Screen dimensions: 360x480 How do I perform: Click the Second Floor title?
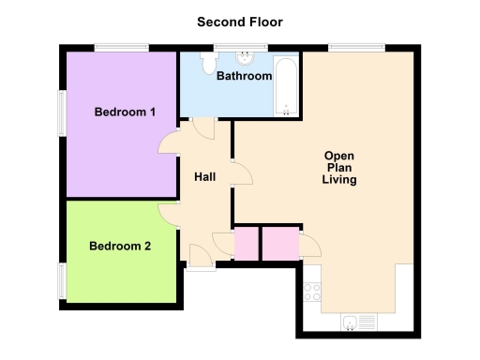240,21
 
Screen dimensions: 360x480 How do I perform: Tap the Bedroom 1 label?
125,112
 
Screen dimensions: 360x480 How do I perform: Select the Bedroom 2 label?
120,247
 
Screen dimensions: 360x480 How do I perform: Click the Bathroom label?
244,76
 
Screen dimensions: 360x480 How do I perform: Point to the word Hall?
205,177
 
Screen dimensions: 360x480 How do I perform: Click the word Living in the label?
339,180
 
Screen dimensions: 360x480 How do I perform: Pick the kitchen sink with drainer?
359,322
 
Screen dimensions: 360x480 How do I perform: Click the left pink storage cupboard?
246,244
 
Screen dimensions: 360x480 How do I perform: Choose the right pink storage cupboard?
279,244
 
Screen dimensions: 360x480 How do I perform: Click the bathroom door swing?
204,129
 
